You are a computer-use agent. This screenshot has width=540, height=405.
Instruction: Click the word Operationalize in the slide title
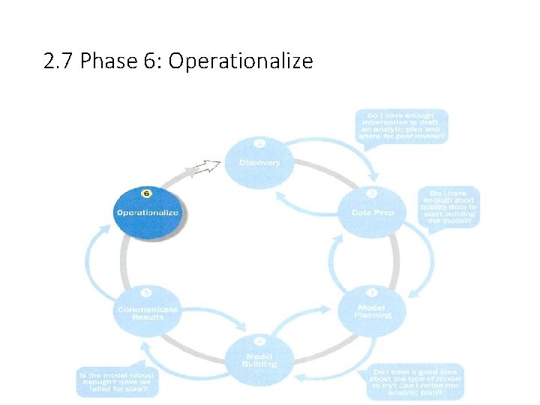[x=241, y=61]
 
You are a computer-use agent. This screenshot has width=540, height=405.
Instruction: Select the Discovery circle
[x=259, y=160]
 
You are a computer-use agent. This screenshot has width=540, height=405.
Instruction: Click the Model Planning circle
[x=373, y=309]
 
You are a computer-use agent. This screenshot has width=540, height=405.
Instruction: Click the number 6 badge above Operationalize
[x=147, y=193]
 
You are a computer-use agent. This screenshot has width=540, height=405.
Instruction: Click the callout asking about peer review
[x=403, y=127]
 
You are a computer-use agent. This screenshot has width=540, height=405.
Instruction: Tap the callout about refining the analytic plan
[x=415, y=380]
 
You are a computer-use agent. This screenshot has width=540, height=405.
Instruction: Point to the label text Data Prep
[x=372, y=213]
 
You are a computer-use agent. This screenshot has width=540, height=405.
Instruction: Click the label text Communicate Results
[x=148, y=313]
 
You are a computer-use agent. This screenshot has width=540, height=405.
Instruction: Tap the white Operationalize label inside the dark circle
[x=148, y=213]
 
